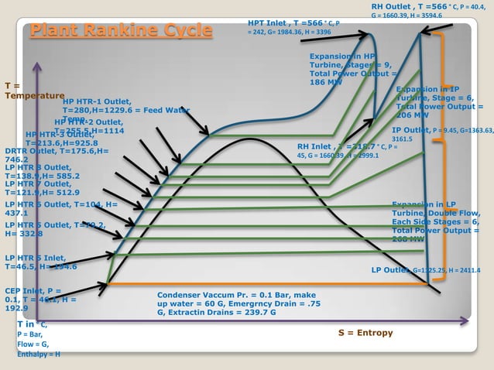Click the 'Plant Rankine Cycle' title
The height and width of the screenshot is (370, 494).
(x=121, y=31)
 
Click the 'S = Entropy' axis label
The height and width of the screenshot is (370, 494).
(x=365, y=333)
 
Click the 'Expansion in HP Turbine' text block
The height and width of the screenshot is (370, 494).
(x=352, y=69)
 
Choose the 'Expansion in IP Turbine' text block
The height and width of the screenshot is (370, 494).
(x=439, y=101)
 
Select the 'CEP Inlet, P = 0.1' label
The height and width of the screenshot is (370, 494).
(x=39, y=299)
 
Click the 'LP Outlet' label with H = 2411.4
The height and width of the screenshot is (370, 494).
(x=426, y=271)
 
